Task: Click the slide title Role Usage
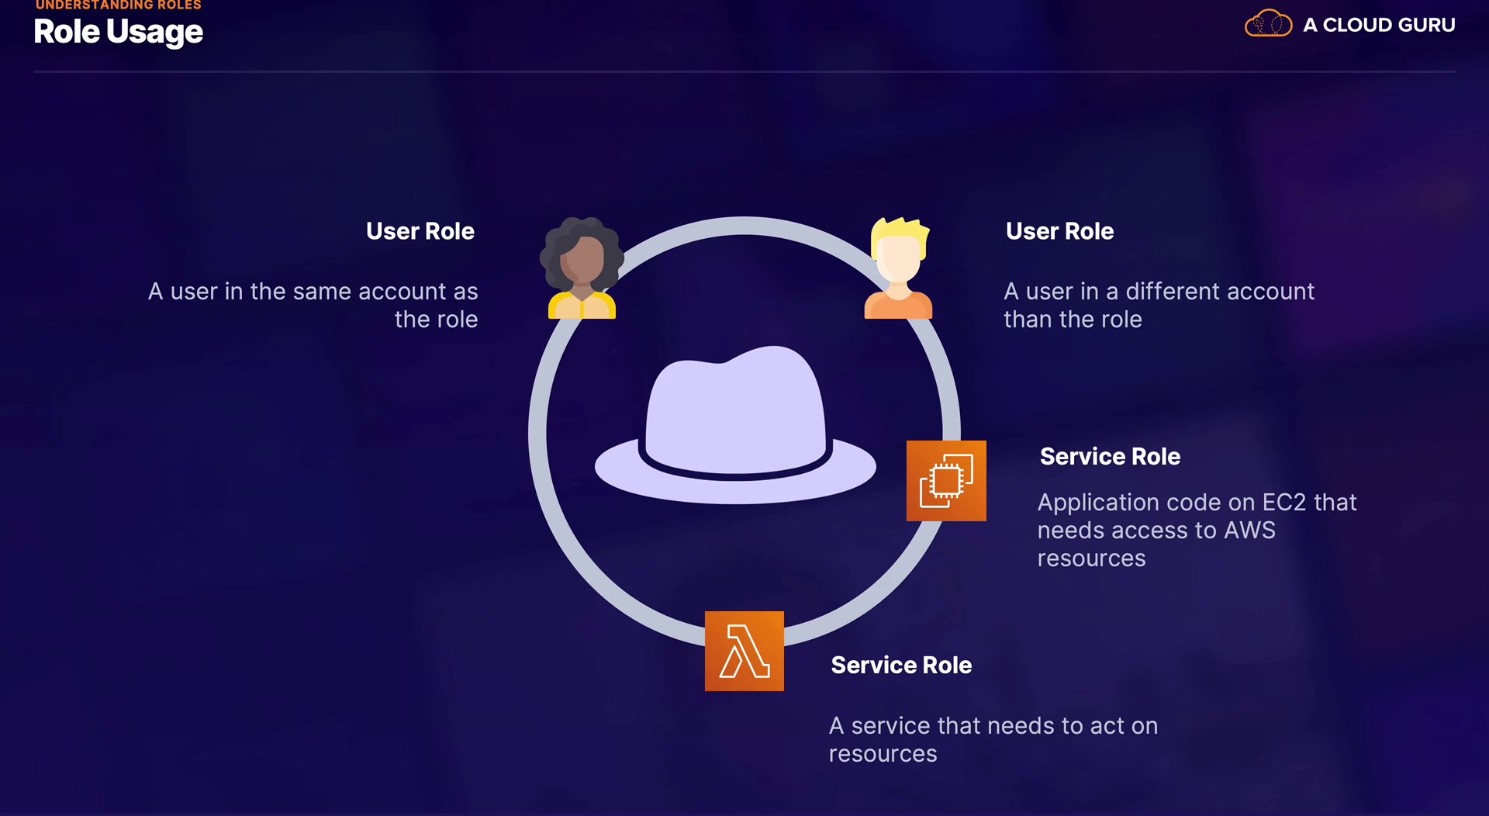(x=118, y=32)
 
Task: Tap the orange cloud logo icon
(x=1268, y=23)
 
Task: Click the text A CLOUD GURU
(x=1379, y=25)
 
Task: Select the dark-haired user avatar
(x=582, y=268)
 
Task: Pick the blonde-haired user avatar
(x=899, y=268)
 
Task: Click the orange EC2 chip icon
(x=946, y=481)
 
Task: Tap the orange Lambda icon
(x=744, y=651)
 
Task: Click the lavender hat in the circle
(x=735, y=425)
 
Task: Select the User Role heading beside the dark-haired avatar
(x=420, y=231)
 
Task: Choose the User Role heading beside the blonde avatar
(x=1059, y=231)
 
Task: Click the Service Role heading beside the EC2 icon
(x=1110, y=457)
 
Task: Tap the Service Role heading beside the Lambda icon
(x=901, y=666)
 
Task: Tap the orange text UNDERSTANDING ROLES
(x=118, y=5)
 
